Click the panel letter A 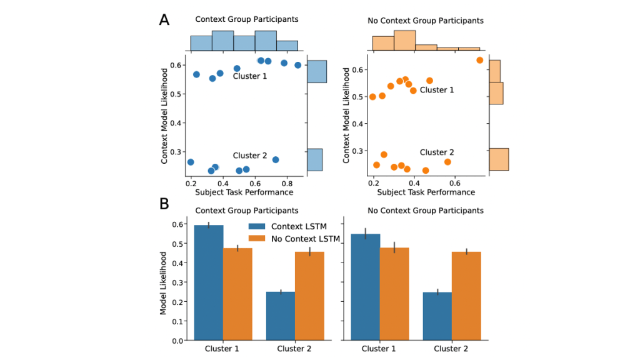pos(164,19)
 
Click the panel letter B pos(164,204)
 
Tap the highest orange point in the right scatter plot pos(479,60)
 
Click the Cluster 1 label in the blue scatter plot pos(249,76)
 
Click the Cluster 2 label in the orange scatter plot pos(436,152)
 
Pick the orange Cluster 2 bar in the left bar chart pos(309,296)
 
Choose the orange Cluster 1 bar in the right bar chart pos(394,294)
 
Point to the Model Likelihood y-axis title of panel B pos(164,282)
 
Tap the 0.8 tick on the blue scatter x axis pos(287,184)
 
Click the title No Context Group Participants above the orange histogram pos(425,21)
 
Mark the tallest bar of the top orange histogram pos(404,41)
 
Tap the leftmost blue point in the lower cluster pos(191,162)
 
